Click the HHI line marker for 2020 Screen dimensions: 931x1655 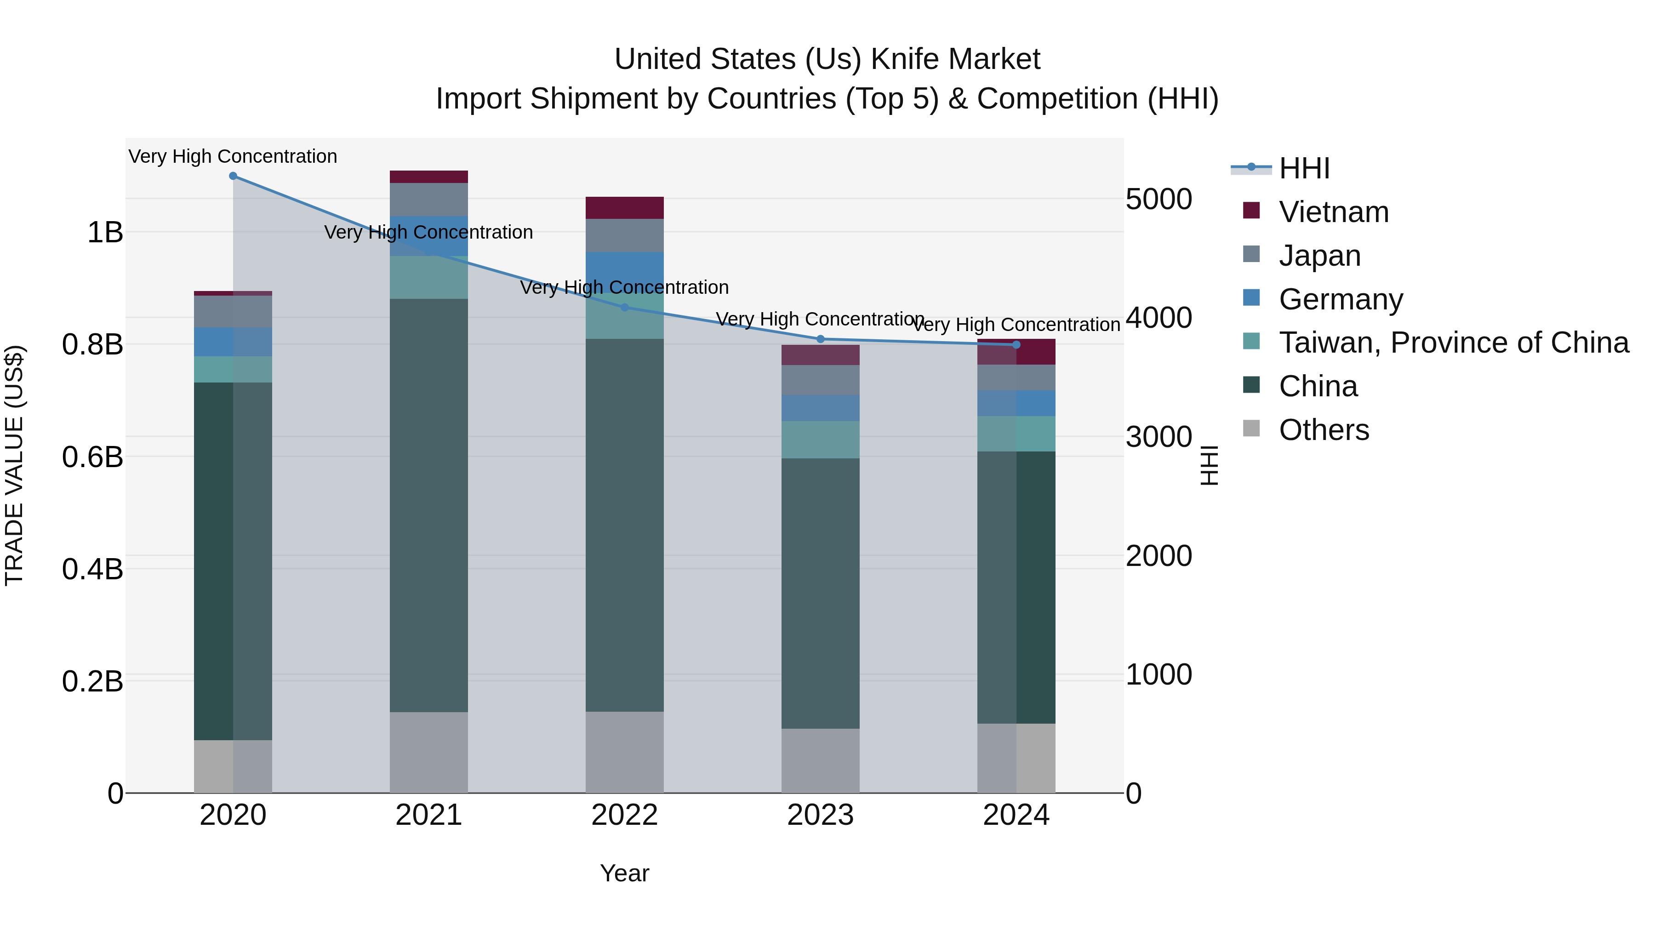tap(233, 176)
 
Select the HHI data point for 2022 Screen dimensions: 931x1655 tap(624, 308)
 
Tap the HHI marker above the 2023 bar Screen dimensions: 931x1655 tap(821, 339)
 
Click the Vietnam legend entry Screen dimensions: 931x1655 tap(1333, 212)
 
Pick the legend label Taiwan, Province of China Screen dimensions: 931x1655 tap(1453, 343)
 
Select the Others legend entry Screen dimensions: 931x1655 tap(1324, 430)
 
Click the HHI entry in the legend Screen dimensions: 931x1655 tap(1304, 168)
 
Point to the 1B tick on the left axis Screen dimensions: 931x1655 tap(105, 233)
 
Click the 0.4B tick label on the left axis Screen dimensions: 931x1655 tap(92, 569)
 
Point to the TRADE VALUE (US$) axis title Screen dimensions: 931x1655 tap(14, 465)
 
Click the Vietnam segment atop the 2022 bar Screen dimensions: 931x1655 tap(624, 208)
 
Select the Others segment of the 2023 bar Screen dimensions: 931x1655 tap(821, 761)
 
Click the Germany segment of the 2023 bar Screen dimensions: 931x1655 tap(821, 408)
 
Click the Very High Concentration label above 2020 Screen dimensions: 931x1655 tap(233, 157)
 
